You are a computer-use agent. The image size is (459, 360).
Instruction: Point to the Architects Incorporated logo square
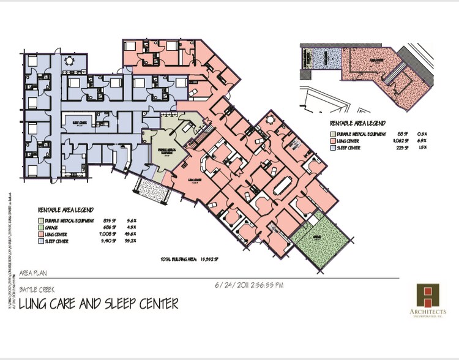pyautogui.click(x=427, y=296)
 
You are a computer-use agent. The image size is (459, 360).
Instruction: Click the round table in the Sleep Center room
pyautogui.click(x=69, y=60)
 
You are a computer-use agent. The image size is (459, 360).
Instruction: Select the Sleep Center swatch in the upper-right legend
pyautogui.click(x=334, y=147)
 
